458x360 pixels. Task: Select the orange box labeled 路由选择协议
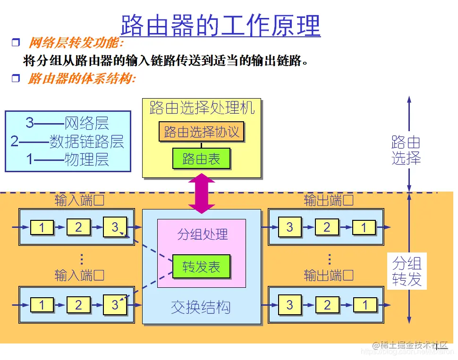tap(202, 132)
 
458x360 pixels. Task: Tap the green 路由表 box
tap(201, 159)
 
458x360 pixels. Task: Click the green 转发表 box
tap(201, 267)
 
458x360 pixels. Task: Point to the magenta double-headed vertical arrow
tap(202, 193)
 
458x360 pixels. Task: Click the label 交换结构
tap(201, 308)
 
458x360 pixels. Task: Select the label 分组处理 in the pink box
tap(202, 234)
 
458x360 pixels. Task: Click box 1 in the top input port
tap(42, 228)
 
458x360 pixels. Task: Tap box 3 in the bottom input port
tap(115, 305)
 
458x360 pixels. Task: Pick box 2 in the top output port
tap(327, 228)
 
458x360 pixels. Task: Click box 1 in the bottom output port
tap(365, 305)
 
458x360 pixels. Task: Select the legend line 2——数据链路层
tap(67, 142)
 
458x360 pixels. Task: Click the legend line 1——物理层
tap(67, 159)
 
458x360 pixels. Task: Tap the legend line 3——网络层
tap(67, 124)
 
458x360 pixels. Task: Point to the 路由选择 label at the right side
tap(406, 150)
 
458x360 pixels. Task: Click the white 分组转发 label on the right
tap(407, 271)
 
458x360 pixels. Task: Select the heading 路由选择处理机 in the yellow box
tap(202, 108)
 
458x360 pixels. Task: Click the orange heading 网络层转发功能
tap(75, 43)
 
